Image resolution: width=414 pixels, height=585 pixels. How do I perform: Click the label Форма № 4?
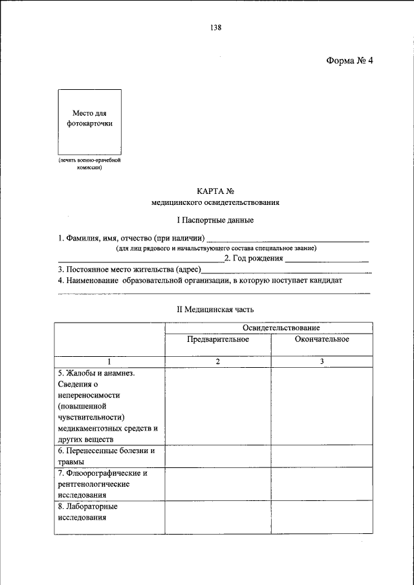pos(349,61)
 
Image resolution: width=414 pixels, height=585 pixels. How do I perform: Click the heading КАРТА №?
pos(215,191)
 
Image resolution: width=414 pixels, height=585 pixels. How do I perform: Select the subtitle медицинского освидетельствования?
pos(215,203)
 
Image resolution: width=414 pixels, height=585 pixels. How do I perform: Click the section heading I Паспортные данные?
pos(215,221)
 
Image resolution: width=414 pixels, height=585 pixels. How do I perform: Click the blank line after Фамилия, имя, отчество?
pos(288,240)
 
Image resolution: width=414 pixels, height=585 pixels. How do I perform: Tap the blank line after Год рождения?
pos(327,261)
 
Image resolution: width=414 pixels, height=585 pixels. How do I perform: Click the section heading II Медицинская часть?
pos(215,310)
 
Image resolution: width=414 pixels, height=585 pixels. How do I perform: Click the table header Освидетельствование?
pos(268,328)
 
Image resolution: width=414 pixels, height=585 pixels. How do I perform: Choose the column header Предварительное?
pos(218,339)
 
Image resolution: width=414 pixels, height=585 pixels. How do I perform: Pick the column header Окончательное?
pos(321,339)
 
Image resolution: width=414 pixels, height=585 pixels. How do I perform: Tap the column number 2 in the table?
pos(218,361)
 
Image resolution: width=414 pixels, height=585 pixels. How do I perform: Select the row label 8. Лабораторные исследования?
pos(91,512)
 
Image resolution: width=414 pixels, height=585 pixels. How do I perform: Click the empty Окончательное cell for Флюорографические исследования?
pos(321,484)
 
